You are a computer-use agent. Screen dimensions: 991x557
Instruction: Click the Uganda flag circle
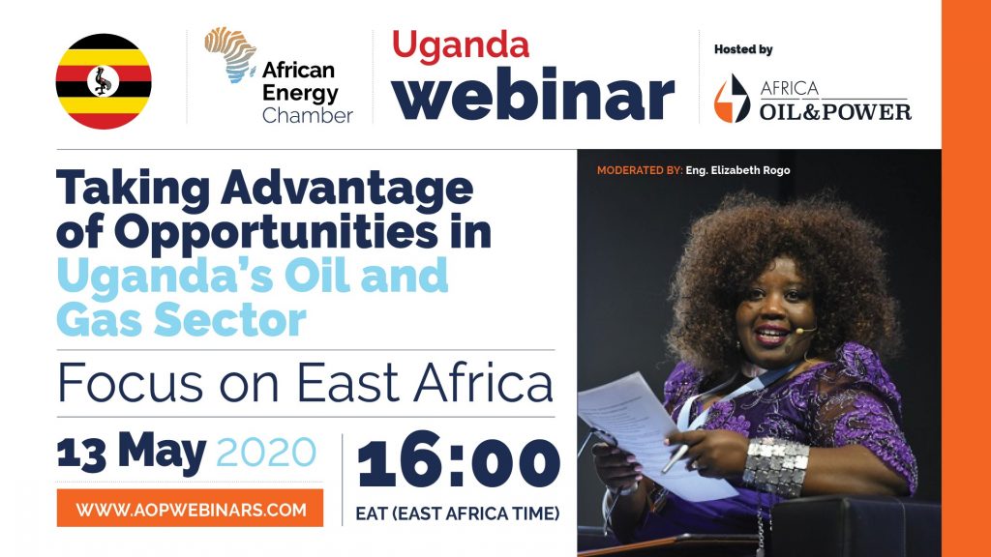pos(104,81)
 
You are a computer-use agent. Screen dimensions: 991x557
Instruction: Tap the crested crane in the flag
pos(103,81)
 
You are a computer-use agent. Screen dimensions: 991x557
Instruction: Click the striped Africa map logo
pos(230,54)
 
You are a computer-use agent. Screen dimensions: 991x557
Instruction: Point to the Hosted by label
pos(743,49)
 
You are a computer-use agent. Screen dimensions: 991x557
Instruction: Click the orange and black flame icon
pos(732,99)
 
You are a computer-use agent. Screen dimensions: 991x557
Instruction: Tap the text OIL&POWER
pos(835,112)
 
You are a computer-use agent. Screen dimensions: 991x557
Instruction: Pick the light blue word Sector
pos(230,319)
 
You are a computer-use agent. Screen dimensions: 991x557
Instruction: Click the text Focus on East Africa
pos(305,383)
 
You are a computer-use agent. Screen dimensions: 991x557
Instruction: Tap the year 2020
pos(266,453)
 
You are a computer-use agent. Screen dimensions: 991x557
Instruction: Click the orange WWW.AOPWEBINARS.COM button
pos(191,509)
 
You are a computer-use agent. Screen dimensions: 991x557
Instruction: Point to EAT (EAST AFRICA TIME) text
pos(458,513)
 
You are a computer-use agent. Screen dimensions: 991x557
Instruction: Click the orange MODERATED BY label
pos(640,170)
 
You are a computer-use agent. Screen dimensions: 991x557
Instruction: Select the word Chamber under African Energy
pos(307,116)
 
